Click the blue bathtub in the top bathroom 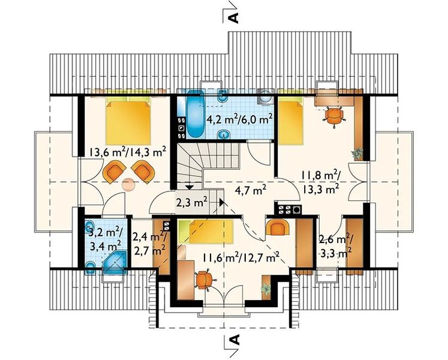[196, 115]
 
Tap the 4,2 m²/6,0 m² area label [239, 119]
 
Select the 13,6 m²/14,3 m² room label [128, 152]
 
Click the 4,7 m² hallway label [251, 190]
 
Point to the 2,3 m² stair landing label [191, 203]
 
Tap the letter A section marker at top [233, 18]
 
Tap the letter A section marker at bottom [234, 340]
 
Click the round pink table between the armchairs [128, 184]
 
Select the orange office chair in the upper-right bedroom [333, 116]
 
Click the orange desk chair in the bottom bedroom [205, 279]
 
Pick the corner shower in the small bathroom [115, 262]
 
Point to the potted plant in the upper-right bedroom [357, 153]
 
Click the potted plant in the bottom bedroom [266, 289]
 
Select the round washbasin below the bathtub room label [224, 134]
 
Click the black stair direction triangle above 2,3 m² [189, 187]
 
